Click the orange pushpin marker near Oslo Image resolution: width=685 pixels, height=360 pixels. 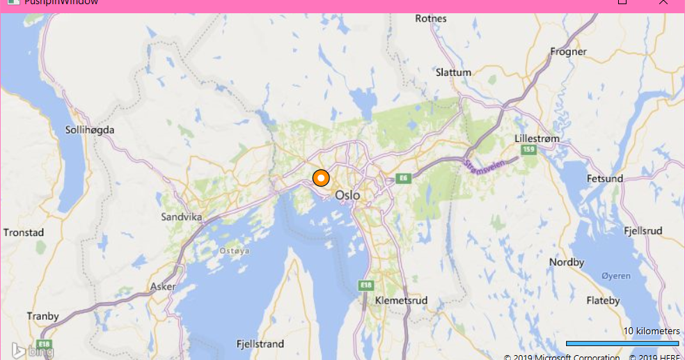(320, 178)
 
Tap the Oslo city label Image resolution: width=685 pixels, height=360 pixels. (347, 196)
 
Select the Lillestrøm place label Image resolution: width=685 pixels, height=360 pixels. (536, 139)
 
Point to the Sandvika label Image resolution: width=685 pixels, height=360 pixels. (181, 217)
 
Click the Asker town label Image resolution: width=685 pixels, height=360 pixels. (163, 286)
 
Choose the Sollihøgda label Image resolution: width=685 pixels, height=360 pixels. (89, 130)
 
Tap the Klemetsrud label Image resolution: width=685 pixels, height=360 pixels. (400, 300)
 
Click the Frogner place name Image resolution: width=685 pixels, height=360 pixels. (568, 52)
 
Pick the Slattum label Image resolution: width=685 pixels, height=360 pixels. (453, 72)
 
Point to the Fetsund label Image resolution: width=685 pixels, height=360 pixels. (605, 179)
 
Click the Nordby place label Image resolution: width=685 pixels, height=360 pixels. (566, 263)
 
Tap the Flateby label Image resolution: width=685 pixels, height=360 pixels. (603, 301)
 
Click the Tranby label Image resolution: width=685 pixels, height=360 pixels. (43, 316)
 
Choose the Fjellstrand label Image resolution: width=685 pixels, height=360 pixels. (260, 344)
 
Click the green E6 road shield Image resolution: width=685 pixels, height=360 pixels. (404, 178)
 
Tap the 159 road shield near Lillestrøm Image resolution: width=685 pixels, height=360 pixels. (528, 150)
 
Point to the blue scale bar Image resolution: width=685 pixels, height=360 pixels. (622, 343)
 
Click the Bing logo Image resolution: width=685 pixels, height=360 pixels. (32, 350)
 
